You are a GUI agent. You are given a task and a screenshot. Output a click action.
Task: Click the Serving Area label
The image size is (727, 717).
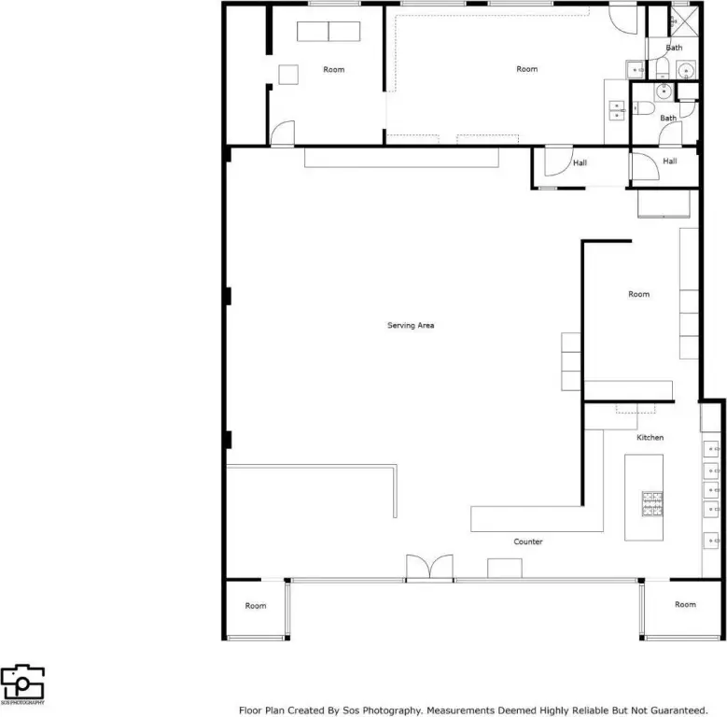tap(411, 325)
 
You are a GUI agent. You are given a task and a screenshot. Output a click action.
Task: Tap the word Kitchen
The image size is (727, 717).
tap(650, 437)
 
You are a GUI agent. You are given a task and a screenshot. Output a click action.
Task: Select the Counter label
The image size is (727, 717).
tap(528, 541)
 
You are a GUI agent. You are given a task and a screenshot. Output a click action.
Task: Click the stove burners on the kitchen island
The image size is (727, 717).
tap(652, 503)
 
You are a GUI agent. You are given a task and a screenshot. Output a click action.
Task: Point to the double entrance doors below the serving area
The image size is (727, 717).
tap(430, 567)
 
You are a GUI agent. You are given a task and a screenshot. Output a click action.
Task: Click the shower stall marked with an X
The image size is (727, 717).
tap(684, 21)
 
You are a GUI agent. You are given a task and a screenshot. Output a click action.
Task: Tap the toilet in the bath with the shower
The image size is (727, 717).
tap(663, 69)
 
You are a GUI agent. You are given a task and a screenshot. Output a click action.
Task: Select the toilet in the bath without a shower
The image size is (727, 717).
tap(644, 108)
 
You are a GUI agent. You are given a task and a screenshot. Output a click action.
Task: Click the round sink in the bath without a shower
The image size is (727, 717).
tap(664, 91)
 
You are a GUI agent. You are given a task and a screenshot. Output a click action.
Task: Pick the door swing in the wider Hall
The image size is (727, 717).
tap(559, 162)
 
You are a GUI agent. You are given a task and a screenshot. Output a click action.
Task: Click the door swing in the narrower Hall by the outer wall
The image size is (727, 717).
tap(646, 166)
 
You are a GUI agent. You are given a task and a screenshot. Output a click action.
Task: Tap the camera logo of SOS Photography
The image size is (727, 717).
tap(22, 682)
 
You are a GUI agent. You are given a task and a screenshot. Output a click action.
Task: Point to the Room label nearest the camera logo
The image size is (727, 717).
tap(256, 606)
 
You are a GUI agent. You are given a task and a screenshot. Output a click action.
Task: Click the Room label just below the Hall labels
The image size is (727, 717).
tap(639, 294)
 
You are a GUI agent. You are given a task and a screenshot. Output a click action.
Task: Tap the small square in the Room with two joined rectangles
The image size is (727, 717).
tap(288, 75)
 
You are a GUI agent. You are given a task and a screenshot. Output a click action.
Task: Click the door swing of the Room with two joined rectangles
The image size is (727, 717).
tap(283, 134)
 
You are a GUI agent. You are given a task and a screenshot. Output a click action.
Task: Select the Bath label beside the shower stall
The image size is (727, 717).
tap(674, 48)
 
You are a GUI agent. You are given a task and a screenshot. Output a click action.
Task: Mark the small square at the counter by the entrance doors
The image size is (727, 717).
tap(505, 569)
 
